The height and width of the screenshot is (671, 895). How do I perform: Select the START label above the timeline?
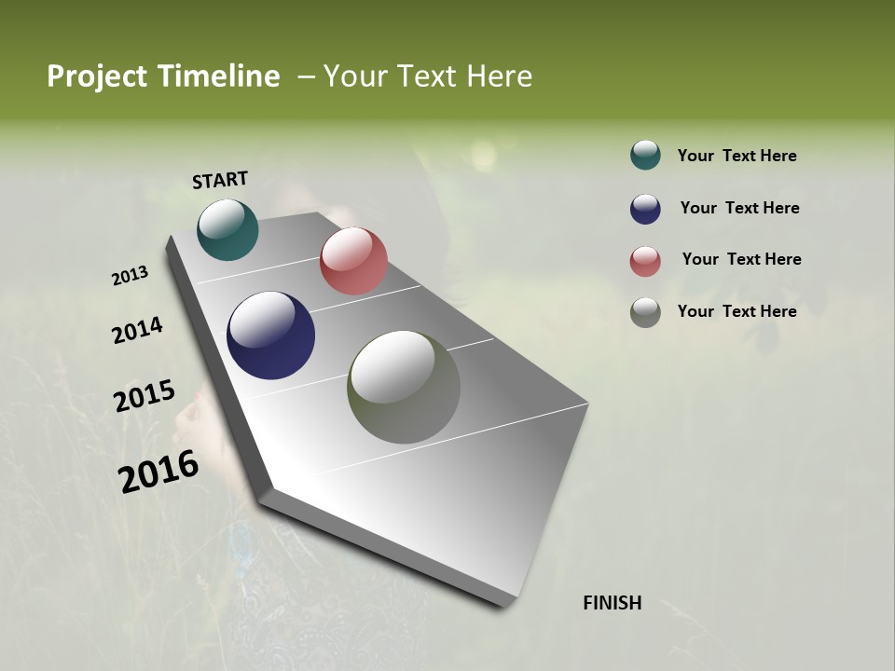[x=220, y=180]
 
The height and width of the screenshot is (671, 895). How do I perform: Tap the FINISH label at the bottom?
[x=613, y=603]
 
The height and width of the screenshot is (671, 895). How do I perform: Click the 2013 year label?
[x=130, y=276]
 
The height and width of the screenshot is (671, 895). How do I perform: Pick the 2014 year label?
[x=137, y=330]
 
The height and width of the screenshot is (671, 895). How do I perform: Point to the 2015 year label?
[x=145, y=396]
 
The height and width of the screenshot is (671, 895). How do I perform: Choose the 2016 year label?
[x=158, y=472]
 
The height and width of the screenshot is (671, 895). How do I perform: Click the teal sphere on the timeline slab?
[x=227, y=229]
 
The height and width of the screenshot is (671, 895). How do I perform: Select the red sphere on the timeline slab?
[x=353, y=261]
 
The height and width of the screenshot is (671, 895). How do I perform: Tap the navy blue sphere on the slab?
[x=270, y=335]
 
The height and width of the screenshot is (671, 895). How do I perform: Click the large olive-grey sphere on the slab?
[x=404, y=387]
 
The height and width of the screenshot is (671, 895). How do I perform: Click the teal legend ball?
[x=645, y=155]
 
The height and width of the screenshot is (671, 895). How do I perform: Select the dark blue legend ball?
[x=645, y=209]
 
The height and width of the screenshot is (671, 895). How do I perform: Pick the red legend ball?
[x=645, y=261]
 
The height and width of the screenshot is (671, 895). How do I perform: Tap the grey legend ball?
[x=645, y=312]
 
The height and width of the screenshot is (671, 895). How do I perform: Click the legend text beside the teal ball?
[x=737, y=156]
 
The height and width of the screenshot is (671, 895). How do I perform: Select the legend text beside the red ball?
[x=741, y=259]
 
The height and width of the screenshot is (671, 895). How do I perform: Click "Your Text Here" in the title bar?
[x=428, y=76]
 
